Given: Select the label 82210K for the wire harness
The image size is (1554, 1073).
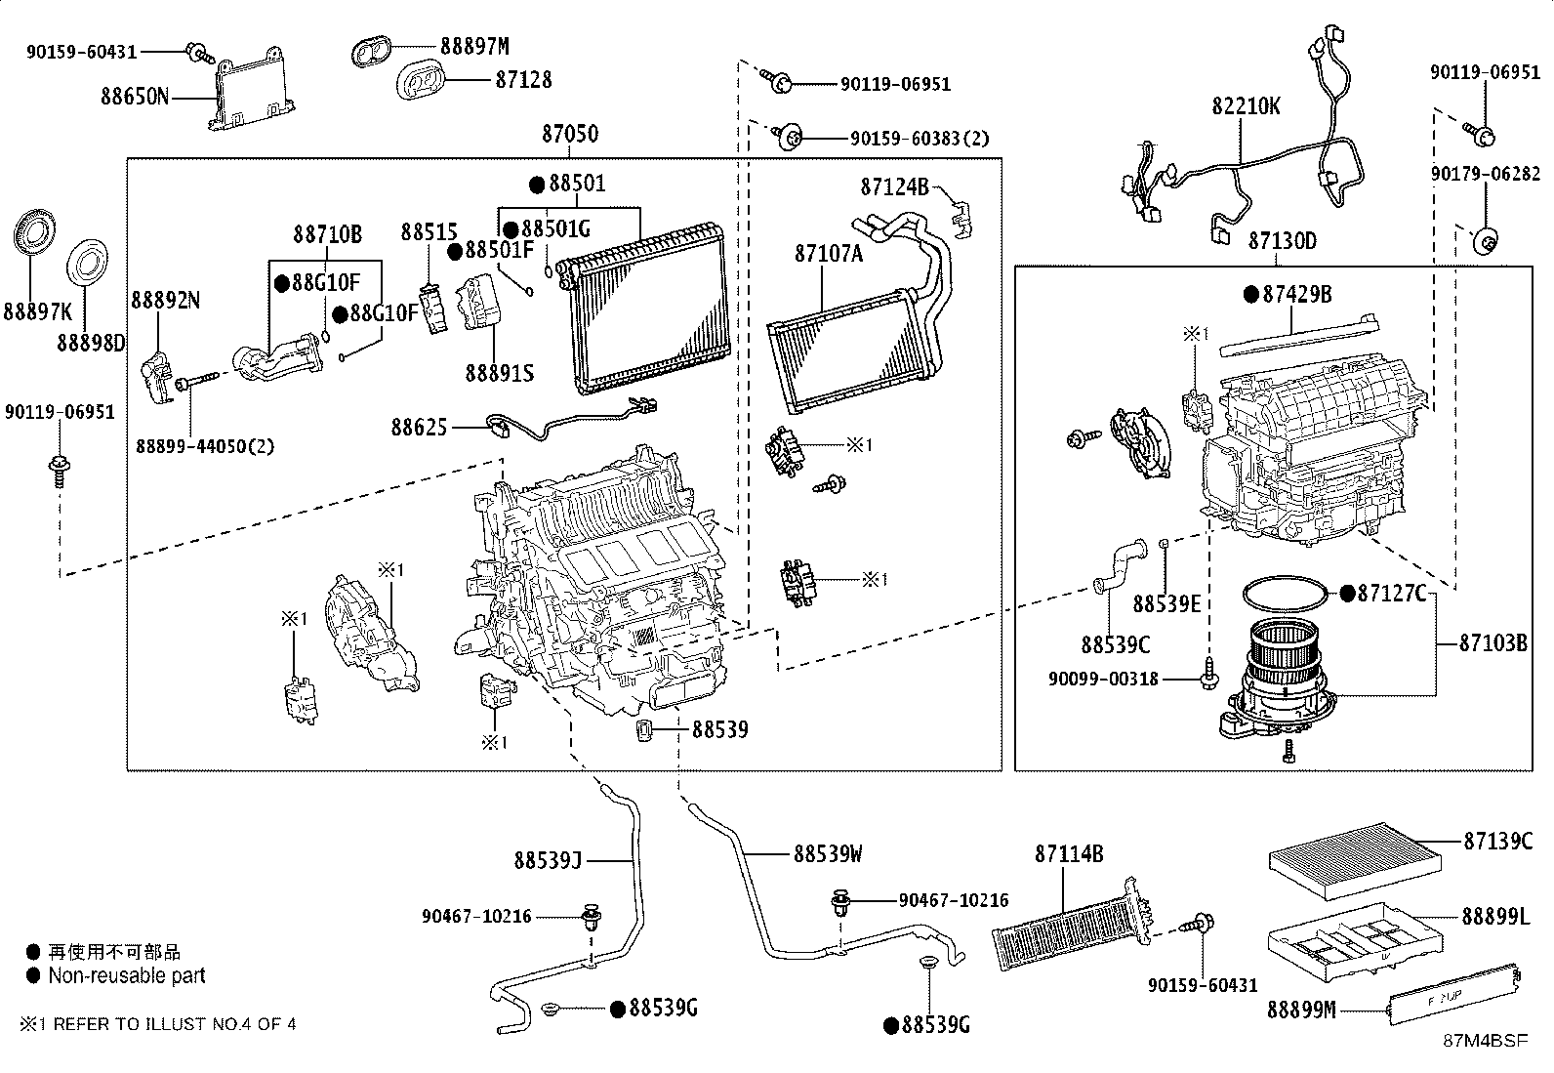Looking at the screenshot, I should coord(1246,106).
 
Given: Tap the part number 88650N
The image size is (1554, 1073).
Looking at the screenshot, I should coord(134,97).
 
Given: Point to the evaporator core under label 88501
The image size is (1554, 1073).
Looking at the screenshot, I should coord(646,310).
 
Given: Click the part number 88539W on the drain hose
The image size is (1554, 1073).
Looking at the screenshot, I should coord(827,854).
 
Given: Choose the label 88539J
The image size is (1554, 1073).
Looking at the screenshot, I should coord(548,860).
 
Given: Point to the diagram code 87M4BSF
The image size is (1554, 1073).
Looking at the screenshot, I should coord(1486,1041).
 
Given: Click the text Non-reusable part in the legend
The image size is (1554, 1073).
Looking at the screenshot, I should coord(127,975).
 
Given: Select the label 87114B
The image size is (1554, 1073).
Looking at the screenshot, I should coord(1068,854).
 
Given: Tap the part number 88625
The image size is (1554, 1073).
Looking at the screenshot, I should coord(419,427).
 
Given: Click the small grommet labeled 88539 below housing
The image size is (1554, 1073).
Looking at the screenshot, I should coord(645,731).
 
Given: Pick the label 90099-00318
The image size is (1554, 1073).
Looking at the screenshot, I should coord(1103,678).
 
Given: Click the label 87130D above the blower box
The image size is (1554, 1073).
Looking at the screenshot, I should coord(1281,241).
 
